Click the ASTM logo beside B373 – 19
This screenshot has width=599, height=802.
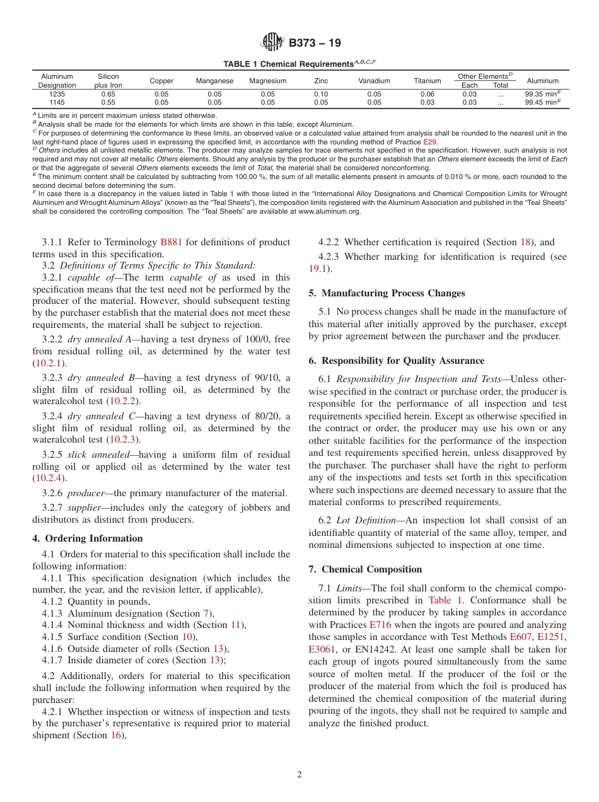coord(272,43)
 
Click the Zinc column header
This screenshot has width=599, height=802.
coord(321,81)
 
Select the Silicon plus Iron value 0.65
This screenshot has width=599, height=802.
coord(108,93)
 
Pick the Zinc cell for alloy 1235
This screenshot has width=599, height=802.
coord(321,93)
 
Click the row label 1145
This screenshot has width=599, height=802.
coord(57,102)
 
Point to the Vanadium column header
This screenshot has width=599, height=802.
coord(374,81)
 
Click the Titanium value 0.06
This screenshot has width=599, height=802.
coord(427,93)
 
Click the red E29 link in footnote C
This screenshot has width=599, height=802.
coord(430,142)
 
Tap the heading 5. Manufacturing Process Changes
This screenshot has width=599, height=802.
coord(387,293)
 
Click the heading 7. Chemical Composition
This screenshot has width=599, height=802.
coord(365,569)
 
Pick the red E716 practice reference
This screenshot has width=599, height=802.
coord(380,625)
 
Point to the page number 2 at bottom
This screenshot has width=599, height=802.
coord(299,775)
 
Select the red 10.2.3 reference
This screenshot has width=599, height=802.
coord(124,439)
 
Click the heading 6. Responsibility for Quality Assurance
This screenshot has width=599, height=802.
coord(397,361)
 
